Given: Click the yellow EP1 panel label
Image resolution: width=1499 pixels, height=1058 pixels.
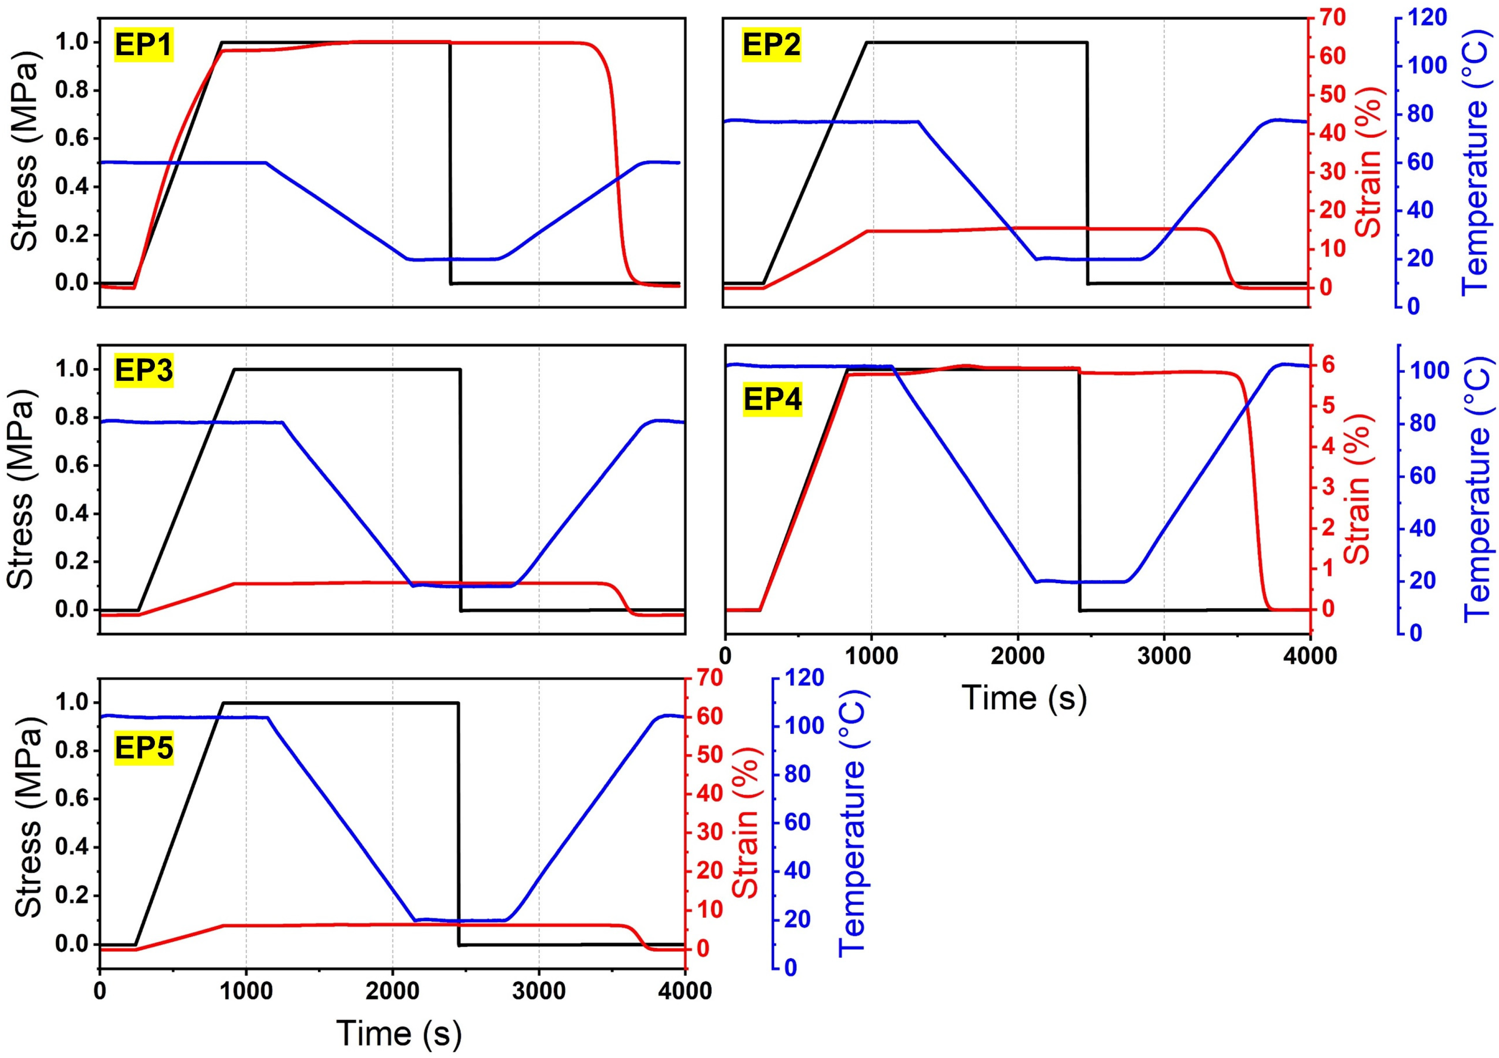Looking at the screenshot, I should click(x=144, y=44).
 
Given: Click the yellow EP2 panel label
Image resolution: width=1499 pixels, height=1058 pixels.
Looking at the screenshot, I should click(x=772, y=44).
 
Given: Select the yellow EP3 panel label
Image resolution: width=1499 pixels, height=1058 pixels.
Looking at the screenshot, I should click(x=144, y=370).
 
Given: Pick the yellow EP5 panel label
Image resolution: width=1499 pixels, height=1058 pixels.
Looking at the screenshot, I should click(x=144, y=748).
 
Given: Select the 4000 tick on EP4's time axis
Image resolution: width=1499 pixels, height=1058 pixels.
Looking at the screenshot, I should click(x=1309, y=655).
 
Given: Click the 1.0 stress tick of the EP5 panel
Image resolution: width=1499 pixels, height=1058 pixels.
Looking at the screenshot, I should click(x=73, y=703).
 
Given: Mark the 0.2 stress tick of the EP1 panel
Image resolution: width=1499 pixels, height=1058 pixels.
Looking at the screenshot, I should click(x=73, y=235).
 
